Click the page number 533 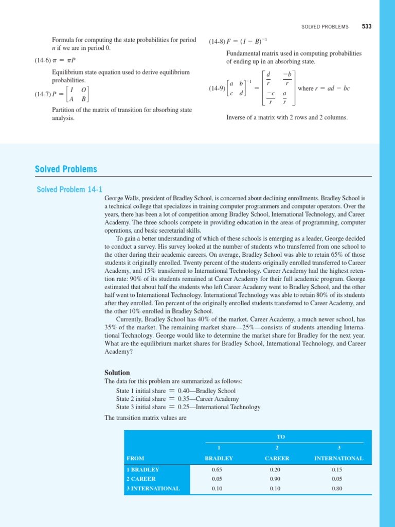[366, 26]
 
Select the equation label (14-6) [43, 61]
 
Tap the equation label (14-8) [217, 42]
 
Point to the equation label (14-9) [217, 89]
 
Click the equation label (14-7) [43, 94]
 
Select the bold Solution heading [117, 373]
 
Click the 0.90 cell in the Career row [276, 479]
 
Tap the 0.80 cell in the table [336, 488]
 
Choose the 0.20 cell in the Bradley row [276, 469]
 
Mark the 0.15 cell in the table [336, 469]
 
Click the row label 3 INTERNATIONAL [153, 488]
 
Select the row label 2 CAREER [141, 479]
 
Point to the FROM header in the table [135, 458]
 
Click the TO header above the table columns [281, 436]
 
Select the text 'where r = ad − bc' [324, 89]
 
